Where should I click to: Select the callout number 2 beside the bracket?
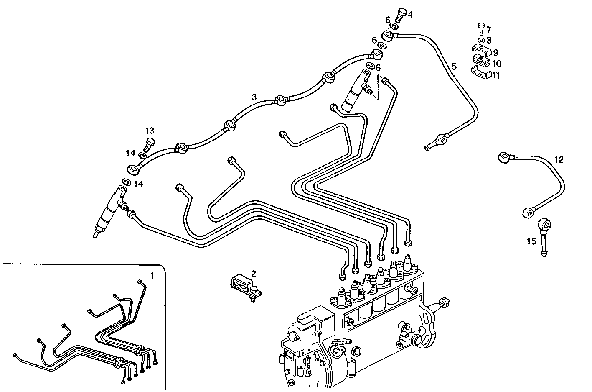tap(253, 274)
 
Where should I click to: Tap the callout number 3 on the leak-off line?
tap(254, 97)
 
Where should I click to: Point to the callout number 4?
tap(410, 15)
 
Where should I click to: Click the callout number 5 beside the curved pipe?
tap(454, 66)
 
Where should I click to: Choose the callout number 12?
tap(559, 159)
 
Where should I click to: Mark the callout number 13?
tap(150, 131)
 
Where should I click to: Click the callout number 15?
tap(531, 241)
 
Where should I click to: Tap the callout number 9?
tap(495, 53)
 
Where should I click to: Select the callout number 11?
tap(496, 75)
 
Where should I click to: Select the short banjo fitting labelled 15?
tap(544, 236)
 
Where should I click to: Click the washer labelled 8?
tap(480, 40)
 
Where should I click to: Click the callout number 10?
tap(496, 64)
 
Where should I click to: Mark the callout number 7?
tap(488, 30)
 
